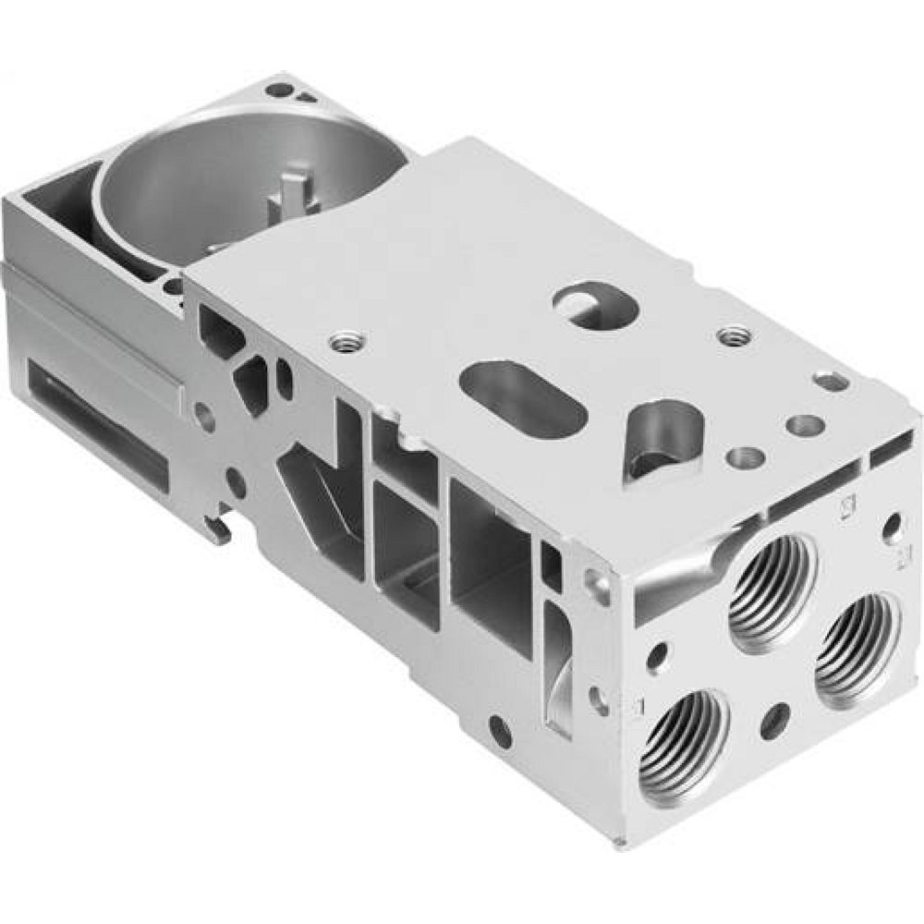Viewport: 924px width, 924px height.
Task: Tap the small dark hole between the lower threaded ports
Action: tap(774, 720)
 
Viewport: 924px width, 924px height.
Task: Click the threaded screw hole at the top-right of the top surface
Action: tap(735, 334)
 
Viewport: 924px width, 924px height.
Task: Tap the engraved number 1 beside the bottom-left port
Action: tap(636, 707)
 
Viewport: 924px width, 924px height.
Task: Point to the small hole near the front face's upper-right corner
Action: tap(892, 528)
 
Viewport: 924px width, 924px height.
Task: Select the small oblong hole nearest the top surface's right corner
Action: tap(830, 381)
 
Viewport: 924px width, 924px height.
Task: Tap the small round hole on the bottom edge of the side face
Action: tap(500, 731)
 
